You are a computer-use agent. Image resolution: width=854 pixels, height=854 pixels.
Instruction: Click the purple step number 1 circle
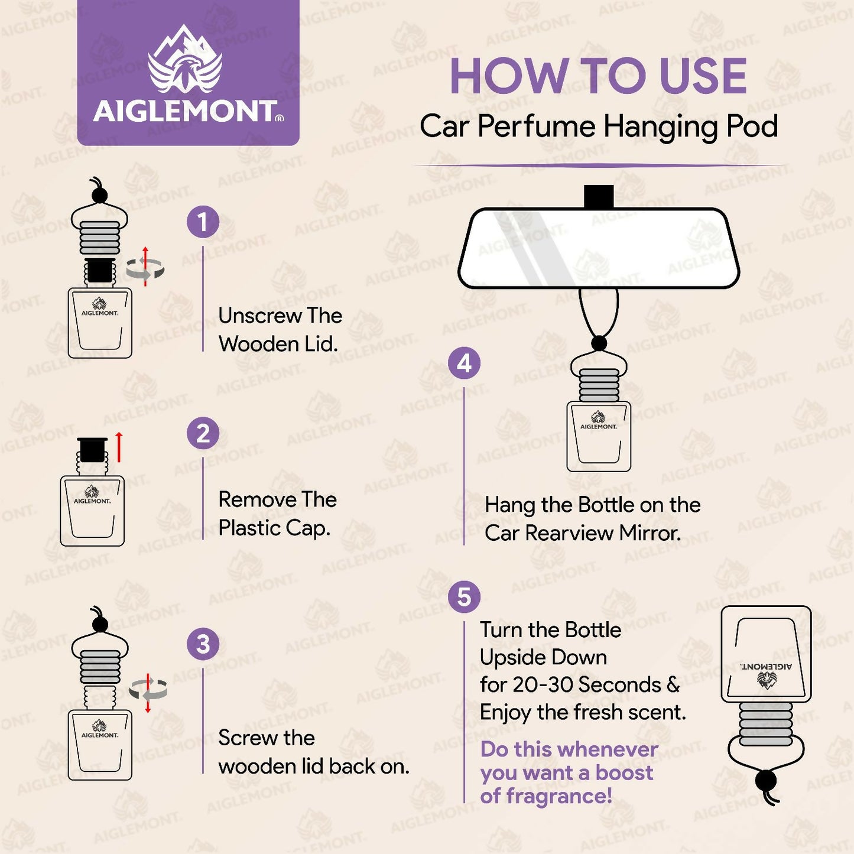click(x=203, y=222)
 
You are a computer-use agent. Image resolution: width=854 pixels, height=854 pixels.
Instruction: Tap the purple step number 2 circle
click(x=203, y=433)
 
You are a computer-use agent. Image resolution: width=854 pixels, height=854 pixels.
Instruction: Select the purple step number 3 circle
click(x=203, y=644)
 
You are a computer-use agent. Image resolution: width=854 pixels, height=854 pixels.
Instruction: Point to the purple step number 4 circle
click(x=464, y=363)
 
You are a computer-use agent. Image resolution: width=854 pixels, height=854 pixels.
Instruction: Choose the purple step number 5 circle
click(x=464, y=597)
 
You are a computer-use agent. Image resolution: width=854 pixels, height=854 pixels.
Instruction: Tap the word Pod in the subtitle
click(x=752, y=126)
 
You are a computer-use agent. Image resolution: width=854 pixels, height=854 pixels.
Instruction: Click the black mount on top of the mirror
click(x=598, y=197)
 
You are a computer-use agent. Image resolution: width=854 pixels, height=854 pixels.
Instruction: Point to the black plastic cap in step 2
click(x=92, y=450)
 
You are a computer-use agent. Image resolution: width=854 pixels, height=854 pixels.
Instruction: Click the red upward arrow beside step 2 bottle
click(x=119, y=447)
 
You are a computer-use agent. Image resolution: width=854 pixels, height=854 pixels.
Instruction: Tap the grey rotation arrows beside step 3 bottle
click(x=148, y=690)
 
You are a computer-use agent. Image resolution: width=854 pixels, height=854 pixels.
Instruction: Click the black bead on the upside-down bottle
click(x=766, y=780)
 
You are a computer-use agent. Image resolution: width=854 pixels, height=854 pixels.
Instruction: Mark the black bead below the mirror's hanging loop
click(x=599, y=343)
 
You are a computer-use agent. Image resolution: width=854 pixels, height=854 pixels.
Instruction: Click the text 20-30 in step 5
click(x=540, y=685)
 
